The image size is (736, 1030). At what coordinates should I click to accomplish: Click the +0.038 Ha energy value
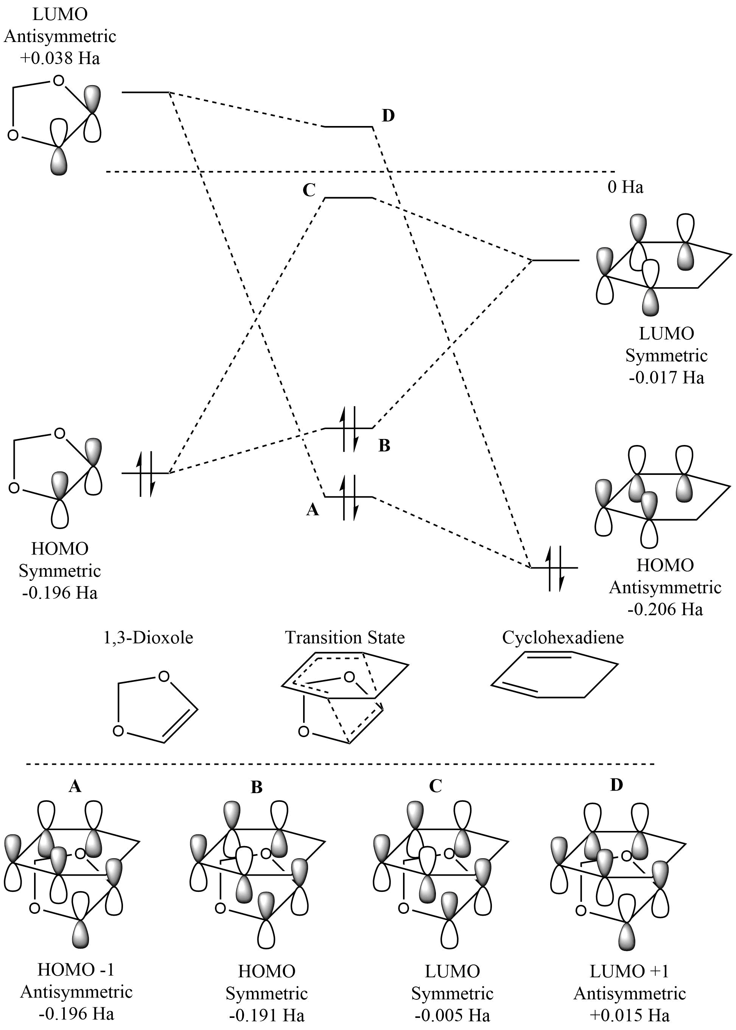pos(60,58)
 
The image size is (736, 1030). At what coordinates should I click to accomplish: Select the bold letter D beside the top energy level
pos(388,116)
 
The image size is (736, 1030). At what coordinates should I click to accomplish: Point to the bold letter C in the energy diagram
pos(309,190)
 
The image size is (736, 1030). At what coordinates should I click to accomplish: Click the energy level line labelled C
pos(349,198)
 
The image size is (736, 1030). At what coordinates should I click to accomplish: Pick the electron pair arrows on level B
pos(349,429)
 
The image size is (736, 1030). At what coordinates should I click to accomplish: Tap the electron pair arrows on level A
pos(349,497)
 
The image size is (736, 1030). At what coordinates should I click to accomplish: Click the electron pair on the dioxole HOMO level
pos(146,473)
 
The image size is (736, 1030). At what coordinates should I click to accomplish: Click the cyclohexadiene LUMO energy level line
pos(556,261)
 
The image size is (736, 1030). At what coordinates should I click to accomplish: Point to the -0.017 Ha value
pos(666,378)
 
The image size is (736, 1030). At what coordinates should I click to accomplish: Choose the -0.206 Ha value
pos(665,609)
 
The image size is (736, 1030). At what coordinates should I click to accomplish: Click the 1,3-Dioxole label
pos(148,638)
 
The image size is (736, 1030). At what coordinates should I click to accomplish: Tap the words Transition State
pos(344,638)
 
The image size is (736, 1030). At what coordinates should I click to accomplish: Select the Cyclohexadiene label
pos(563,638)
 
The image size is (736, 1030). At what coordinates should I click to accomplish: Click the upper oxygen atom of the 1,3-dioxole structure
pos(164,676)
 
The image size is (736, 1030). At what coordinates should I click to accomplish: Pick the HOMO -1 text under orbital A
pos(76,970)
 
